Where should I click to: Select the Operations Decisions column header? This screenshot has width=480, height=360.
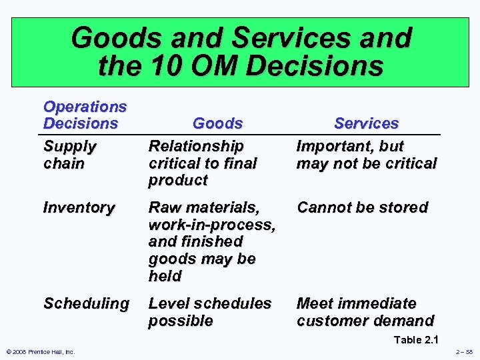[x=85, y=115]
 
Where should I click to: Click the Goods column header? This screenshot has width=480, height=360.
[x=217, y=123]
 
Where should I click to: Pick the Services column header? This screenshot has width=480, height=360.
[x=366, y=123]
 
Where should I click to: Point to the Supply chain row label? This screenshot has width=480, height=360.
[x=70, y=155]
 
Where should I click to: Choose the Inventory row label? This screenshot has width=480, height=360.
[x=78, y=207]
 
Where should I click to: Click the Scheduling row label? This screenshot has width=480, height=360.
[x=86, y=303]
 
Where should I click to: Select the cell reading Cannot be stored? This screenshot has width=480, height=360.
[x=362, y=207]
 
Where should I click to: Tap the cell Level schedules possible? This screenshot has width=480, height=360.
[x=209, y=312]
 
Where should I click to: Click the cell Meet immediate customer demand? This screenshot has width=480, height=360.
[x=365, y=312]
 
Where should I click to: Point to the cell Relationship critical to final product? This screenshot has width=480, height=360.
[x=202, y=163]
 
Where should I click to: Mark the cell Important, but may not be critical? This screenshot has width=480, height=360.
[x=366, y=155]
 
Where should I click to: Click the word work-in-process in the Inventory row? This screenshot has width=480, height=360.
[x=211, y=225]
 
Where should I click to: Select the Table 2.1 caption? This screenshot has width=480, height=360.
[x=417, y=340]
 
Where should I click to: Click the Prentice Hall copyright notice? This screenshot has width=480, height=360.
[x=40, y=352]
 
